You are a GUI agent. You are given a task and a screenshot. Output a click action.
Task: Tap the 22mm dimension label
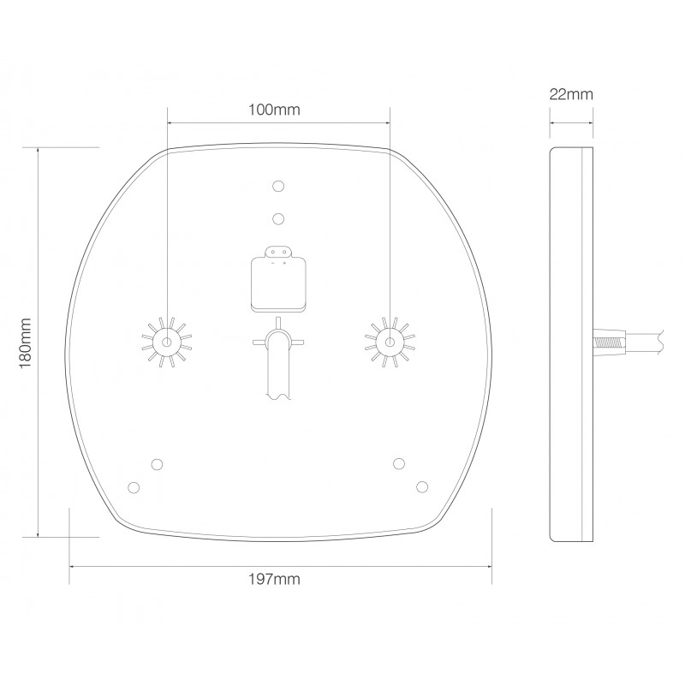click(571, 94)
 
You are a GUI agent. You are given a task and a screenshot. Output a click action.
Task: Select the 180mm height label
click(25, 342)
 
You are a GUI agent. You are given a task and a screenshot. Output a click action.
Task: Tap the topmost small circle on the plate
click(277, 186)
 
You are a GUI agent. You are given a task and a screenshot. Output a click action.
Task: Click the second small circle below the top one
click(277, 218)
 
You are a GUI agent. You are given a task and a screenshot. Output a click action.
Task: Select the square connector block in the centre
click(277, 283)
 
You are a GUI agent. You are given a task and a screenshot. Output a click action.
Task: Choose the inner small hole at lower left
click(157, 463)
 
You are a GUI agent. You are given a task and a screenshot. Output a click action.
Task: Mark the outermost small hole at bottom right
click(421, 486)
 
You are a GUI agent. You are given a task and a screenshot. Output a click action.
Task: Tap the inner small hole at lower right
click(398, 463)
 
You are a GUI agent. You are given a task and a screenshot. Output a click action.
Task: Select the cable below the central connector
click(277, 368)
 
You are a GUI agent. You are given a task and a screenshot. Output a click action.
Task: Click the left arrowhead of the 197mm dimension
click(73, 566)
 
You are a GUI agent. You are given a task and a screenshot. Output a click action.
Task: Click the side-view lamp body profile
click(570, 342)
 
